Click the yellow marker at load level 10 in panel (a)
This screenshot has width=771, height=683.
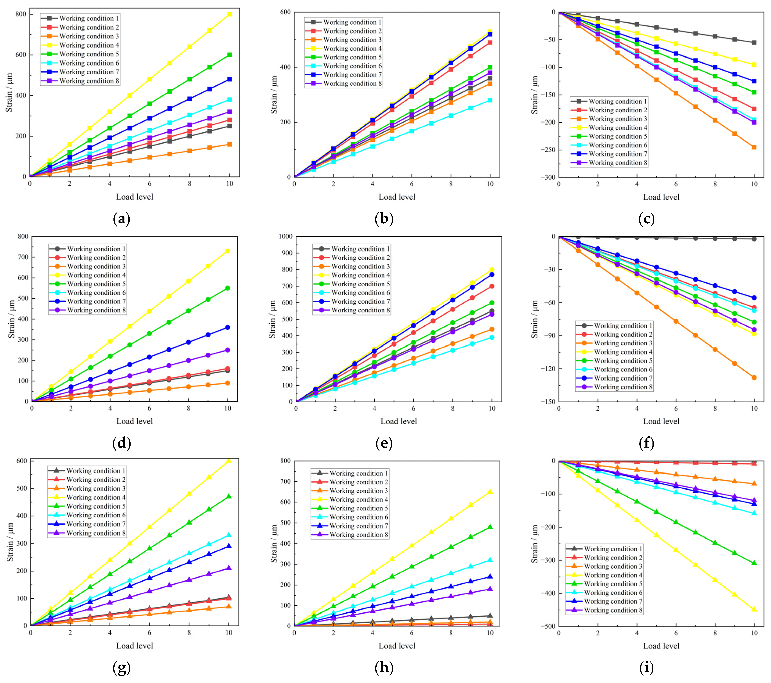229,14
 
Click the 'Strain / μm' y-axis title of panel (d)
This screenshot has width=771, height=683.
12,319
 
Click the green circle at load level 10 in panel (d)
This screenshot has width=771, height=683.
227,288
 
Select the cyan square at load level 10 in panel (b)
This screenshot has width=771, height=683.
490,100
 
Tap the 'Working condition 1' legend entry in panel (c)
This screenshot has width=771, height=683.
609,101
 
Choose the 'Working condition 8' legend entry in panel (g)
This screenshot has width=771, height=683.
87,533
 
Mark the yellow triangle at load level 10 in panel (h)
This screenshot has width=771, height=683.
490,491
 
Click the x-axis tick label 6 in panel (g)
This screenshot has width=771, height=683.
149,633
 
